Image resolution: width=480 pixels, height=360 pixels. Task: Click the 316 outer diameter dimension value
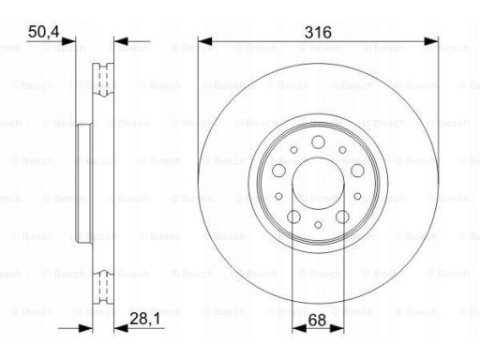(x=318, y=33)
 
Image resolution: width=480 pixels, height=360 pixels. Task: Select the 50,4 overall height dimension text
(x=43, y=32)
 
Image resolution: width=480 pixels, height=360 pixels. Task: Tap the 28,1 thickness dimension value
(x=144, y=319)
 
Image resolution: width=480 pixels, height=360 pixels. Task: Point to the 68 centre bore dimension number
(x=317, y=321)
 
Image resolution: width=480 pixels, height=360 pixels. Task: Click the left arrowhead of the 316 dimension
(x=205, y=41)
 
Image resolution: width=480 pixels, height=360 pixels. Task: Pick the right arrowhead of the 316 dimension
(x=431, y=41)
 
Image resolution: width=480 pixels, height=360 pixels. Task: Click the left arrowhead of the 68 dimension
(x=299, y=328)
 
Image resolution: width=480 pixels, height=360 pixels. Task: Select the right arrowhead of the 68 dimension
(x=337, y=328)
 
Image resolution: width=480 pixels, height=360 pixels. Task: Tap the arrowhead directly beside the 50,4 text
(x=68, y=41)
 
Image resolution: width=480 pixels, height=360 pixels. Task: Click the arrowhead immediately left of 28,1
(x=121, y=328)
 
